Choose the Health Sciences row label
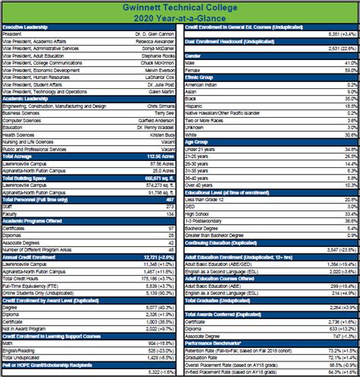click(x=17, y=134)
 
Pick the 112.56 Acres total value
click(x=156, y=155)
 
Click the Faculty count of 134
click(x=170, y=213)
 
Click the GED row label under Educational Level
click(x=190, y=206)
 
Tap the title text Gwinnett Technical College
click(x=180, y=6)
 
